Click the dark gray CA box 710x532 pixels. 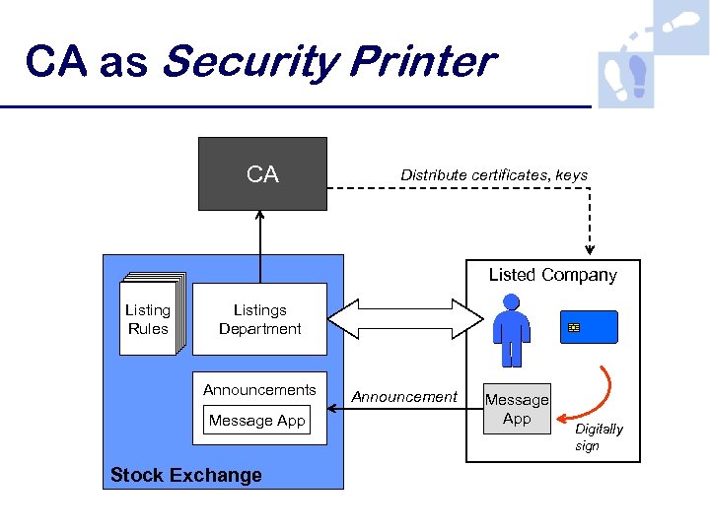pyautogui.click(x=262, y=174)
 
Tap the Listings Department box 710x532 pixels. pyautogui.click(x=259, y=319)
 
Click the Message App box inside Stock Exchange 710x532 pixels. pyautogui.click(x=257, y=421)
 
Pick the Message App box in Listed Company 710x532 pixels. pyautogui.click(x=516, y=409)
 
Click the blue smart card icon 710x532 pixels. pyautogui.click(x=590, y=326)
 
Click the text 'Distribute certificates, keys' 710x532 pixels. pyautogui.click(x=493, y=175)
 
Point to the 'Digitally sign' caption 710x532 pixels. pyautogui.click(x=599, y=437)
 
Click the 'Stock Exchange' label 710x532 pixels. pyautogui.click(x=186, y=475)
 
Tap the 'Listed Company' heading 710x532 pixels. pyautogui.click(x=552, y=275)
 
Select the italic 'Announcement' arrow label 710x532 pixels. pyautogui.click(x=404, y=397)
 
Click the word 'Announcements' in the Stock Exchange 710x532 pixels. pyautogui.click(x=259, y=390)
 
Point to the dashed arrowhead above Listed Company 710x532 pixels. pyautogui.click(x=590, y=247)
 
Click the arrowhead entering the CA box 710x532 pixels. pyautogui.click(x=260, y=216)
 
